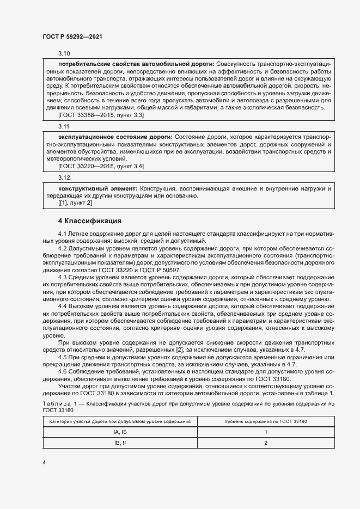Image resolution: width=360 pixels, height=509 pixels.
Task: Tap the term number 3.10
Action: point(64,53)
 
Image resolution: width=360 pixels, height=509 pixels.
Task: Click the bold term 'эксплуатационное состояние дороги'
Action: point(114,136)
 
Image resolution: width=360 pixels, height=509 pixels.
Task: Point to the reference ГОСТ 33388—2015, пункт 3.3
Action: point(101,115)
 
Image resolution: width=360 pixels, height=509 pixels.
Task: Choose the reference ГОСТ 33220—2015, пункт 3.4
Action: point(101,165)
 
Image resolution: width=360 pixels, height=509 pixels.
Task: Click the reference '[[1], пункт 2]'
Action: point(75,203)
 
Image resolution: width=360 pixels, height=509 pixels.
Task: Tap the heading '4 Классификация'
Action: point(90,221)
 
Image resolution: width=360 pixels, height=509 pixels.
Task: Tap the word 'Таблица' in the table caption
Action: point(56,403)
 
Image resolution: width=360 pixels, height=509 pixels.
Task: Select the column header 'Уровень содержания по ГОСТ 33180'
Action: point(265,421)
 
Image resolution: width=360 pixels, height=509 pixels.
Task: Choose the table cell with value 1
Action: point(265,432)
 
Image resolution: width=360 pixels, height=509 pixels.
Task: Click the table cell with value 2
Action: point(265,443)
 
